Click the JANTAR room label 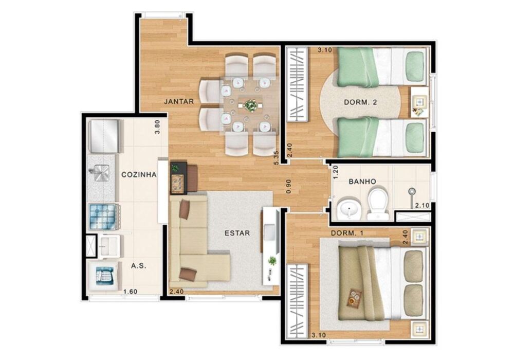click(179, 101)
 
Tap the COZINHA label click(139, 174)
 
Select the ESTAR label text click(237, 233)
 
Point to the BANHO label click(362, 181)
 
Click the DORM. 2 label click(360, 102)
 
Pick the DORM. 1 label click(347, 233)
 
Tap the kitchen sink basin click(99, 174)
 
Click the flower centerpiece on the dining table click(251, 105)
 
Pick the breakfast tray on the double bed click(354, 297)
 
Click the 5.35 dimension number click(277, 157)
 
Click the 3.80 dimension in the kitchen click(158, 127)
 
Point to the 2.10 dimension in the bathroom click(421, 205)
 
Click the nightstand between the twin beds click(419, 102)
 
